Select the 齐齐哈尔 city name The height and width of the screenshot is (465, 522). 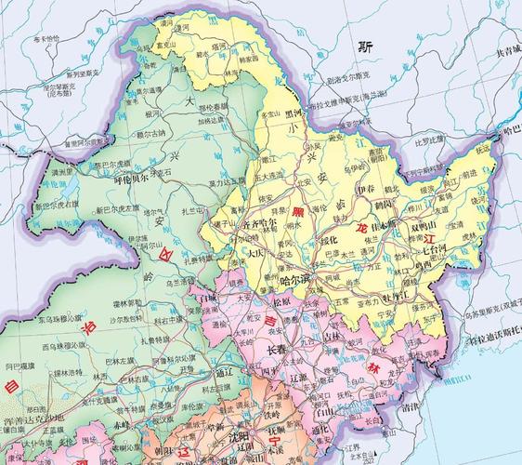coord(258,223)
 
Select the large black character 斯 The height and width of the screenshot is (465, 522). coord(367,45)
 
